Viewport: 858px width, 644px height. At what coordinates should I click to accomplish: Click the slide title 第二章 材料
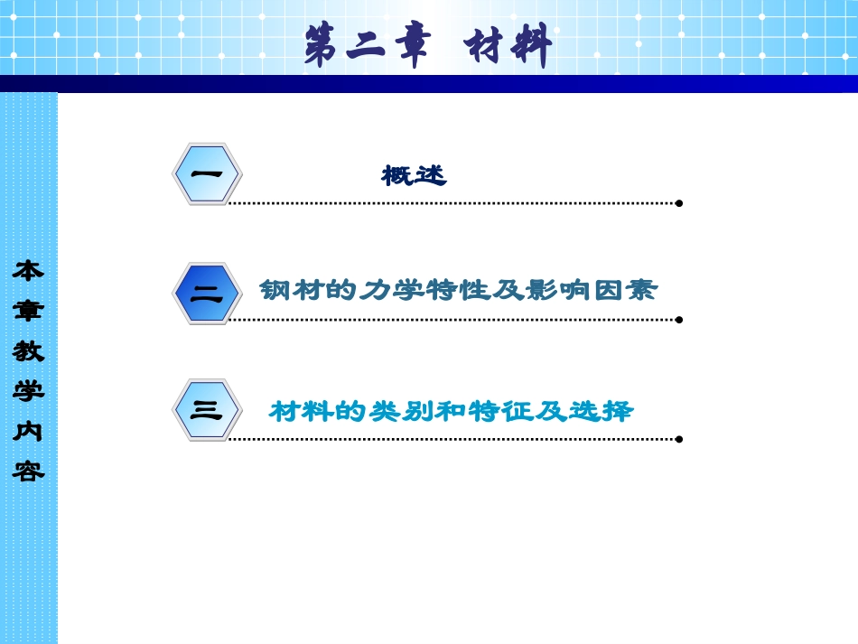tap(428, 45)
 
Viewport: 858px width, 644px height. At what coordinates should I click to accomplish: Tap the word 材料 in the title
tap(508, 45)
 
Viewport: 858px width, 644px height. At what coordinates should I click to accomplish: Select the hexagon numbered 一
tap(207, 173)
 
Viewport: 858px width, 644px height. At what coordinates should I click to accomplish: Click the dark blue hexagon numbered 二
tap(207, 293)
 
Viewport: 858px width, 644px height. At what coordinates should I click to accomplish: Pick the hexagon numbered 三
tap(207, 410)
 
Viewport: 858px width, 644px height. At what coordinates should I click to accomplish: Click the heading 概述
tap(414, 175)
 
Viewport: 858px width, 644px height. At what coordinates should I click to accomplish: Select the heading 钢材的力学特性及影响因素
tap(458, 291)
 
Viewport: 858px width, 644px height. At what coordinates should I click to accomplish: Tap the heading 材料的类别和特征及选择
tap(452, 412)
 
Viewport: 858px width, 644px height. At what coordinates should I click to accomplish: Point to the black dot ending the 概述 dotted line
tap(679, 203)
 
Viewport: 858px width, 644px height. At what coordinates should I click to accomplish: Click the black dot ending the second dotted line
tap(679, 319)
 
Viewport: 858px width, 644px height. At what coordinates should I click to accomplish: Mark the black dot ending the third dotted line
tap(679, 439)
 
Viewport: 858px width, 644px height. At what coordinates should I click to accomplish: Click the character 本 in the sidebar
tap(28, 270)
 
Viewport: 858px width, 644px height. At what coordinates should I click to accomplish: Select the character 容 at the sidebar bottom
tap(28, 471)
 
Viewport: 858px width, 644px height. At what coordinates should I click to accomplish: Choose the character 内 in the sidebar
tap(28, 432)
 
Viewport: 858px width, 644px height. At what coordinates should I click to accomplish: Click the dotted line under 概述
tap(452, 203)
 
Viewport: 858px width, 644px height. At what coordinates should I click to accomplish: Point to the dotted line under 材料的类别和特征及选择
tap(452, 439)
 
